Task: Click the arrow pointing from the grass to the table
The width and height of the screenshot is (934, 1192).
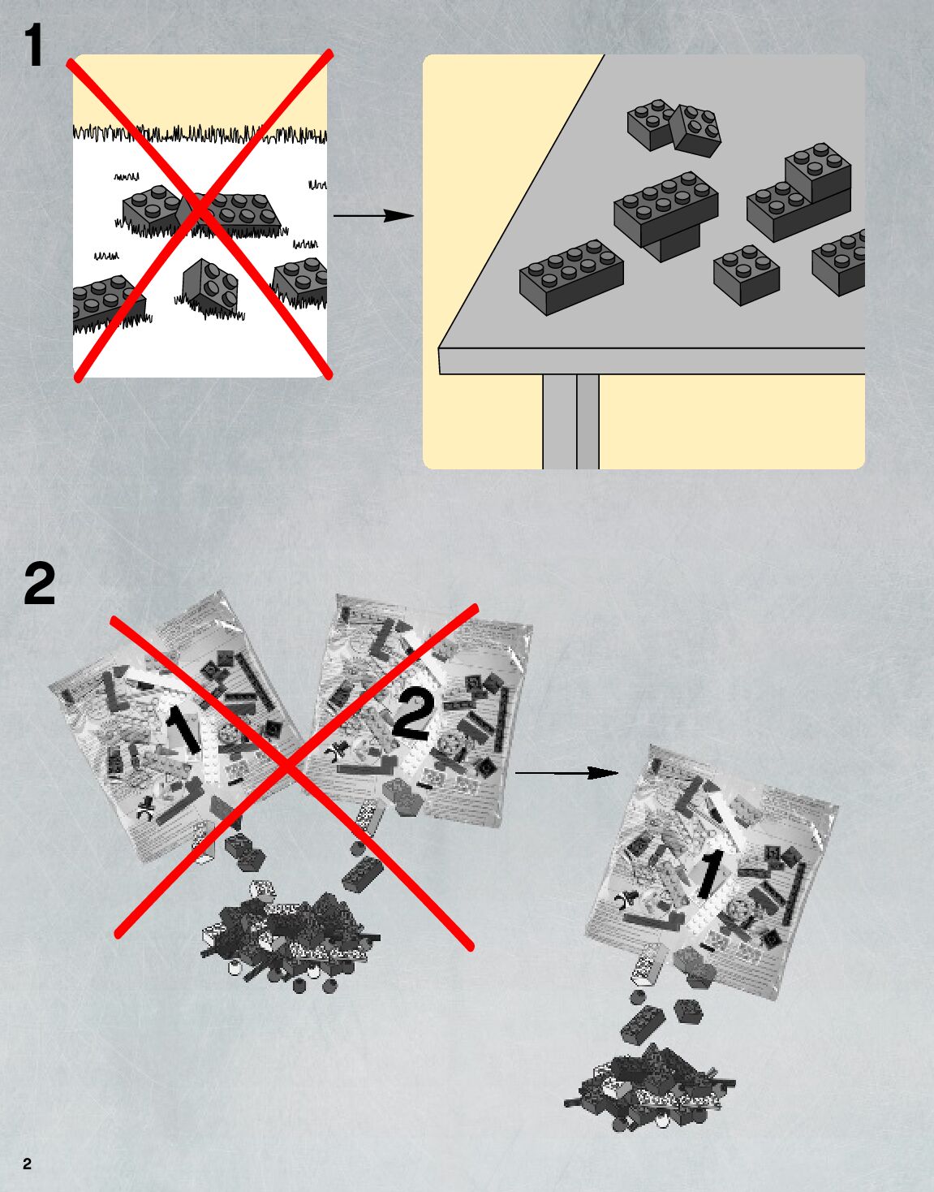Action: (x=373, y=215)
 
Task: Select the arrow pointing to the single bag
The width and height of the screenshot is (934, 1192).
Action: (x=566, y=773)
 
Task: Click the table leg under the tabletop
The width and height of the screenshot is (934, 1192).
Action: (x=570, y=421)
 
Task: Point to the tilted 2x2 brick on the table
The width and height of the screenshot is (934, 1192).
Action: (x=696, y=130)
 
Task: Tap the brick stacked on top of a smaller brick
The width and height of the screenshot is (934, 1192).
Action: (x=666, y=208)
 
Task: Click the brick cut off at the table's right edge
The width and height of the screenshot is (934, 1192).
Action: (x=838, y=262)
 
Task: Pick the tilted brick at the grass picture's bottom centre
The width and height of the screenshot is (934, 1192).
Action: (x=210, y=287)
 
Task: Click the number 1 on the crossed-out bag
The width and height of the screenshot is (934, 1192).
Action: (x=183, y=728)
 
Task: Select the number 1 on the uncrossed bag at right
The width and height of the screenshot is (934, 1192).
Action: (x=710, y=875)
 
